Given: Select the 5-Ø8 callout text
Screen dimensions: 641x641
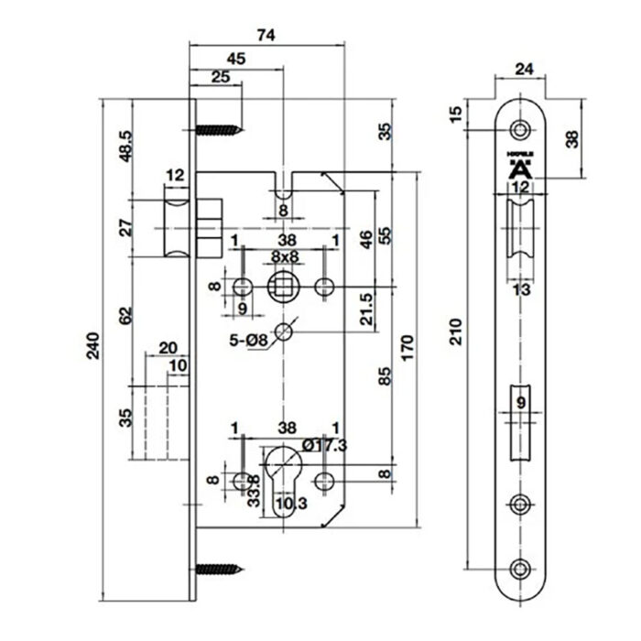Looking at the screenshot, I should pyautogui.click(x=249, y=342).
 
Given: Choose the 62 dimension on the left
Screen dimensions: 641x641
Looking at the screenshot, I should pyautogui.click(x=125, y=316).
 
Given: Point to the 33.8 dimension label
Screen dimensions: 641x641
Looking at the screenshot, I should pyautogui.click(x=254, y=488).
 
